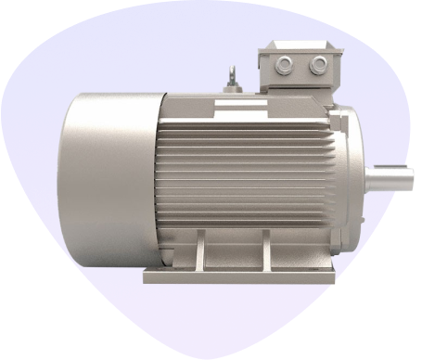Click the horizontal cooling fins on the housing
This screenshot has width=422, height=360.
(250, 167)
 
